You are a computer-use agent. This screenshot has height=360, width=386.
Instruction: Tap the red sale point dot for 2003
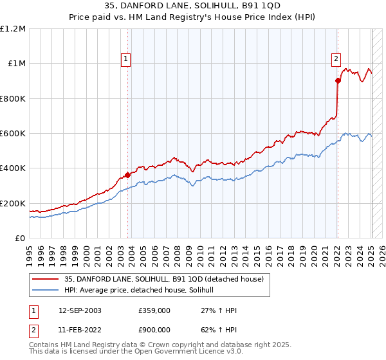(x=127, y=174)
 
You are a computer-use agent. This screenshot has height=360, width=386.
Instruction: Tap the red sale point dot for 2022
(x=338, y=80)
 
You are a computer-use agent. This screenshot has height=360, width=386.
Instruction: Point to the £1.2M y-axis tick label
(x=13, y=29)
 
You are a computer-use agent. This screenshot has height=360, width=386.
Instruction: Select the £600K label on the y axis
(x=13, y=134)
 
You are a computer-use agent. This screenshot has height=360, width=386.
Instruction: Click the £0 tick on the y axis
(x=21, y=239)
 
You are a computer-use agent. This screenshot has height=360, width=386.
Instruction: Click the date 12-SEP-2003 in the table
(x=80, y=310)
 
